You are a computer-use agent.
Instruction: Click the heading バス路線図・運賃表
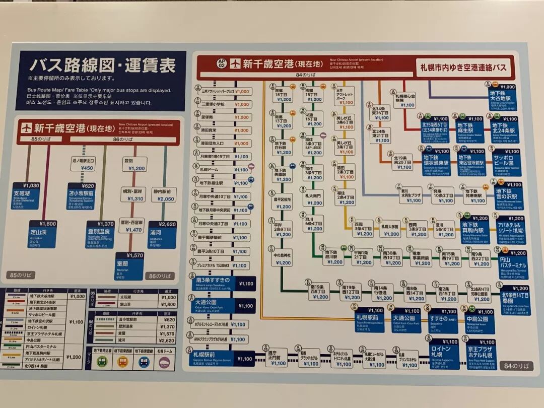pyautogui.click(x=102, y=65)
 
